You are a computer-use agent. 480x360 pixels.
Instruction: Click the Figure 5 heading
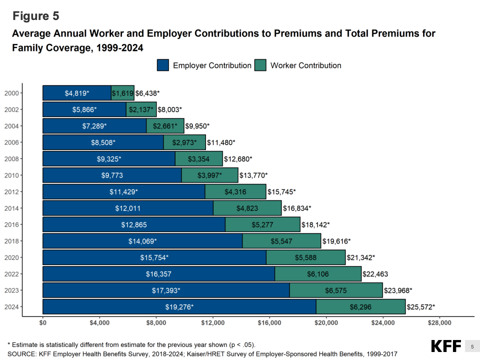click(x=35, y=16)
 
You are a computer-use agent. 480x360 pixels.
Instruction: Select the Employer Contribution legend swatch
click(x=163, y=65)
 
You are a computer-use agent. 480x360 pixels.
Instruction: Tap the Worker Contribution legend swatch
click(x=260, y=65)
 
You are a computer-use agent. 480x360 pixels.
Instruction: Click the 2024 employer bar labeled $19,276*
click(x=179, y=306)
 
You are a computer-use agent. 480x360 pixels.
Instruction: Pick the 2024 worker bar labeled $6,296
click(x=360, y=306)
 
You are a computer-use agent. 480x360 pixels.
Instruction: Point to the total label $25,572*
click(x=421, y=306)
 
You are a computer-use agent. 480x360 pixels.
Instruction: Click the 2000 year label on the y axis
click(x=11, y=93)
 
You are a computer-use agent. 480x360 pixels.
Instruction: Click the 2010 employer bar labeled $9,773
click(x=112, y=175)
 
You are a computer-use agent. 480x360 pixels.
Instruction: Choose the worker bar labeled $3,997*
click(x=209, y=175)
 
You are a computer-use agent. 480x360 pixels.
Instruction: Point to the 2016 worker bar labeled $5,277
click(x=262, y=224)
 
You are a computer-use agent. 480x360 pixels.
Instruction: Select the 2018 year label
click(x=11, y=241)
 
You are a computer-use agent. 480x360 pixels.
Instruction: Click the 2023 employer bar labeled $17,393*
click(x=166, y=290)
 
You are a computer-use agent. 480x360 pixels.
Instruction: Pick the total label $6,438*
click(x=147, y=93)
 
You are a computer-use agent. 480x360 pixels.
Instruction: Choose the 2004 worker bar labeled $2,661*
click(x=165, y=126)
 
